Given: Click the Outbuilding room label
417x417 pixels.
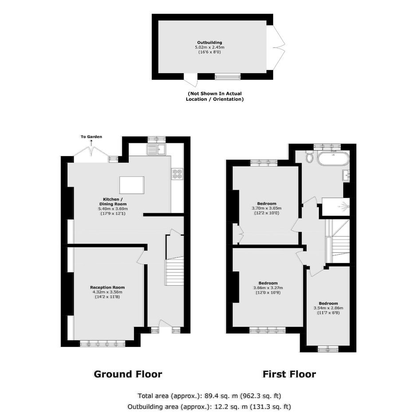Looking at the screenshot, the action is (209, 42).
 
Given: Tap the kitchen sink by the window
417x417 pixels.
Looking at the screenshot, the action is (156, 149).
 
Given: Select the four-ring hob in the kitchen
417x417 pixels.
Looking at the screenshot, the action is (177, 174).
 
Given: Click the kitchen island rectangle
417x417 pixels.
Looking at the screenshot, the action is (132, 185).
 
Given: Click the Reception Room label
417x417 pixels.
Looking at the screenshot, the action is (107, 287).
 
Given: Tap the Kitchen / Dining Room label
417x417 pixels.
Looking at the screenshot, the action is (113, 201).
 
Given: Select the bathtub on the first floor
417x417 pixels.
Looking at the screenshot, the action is (332, 157).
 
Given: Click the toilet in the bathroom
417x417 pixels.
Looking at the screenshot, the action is (309, 156).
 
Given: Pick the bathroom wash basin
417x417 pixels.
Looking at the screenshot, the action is (346, 175).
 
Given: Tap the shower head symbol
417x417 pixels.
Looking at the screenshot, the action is (344, 206).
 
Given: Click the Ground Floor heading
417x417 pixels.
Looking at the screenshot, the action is (128, 374).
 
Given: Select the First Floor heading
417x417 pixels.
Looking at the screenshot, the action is (289, 374).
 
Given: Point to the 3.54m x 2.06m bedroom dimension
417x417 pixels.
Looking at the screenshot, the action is (328, 308).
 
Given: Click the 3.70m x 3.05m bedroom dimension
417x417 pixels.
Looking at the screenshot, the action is (267, 208).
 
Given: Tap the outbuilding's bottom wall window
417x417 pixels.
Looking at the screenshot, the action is (228, 77).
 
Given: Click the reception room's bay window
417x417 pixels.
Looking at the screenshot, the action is (102, 344).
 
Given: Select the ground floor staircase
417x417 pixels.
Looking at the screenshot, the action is (174, 272).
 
